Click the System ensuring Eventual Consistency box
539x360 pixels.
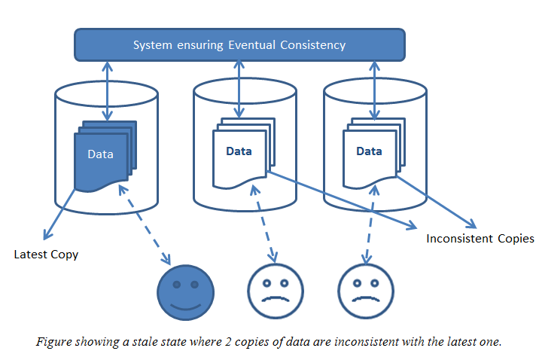coord(239,44)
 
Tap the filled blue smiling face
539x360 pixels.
coord(185,291)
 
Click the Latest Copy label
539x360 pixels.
coord(46,255)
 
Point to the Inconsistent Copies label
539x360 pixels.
coord(480,239)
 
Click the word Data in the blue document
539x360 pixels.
coord(100,154)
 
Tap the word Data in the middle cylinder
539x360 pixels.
coord(239,151)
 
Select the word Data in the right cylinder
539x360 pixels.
coord(369,151)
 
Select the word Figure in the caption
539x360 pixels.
coord(53,342)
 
